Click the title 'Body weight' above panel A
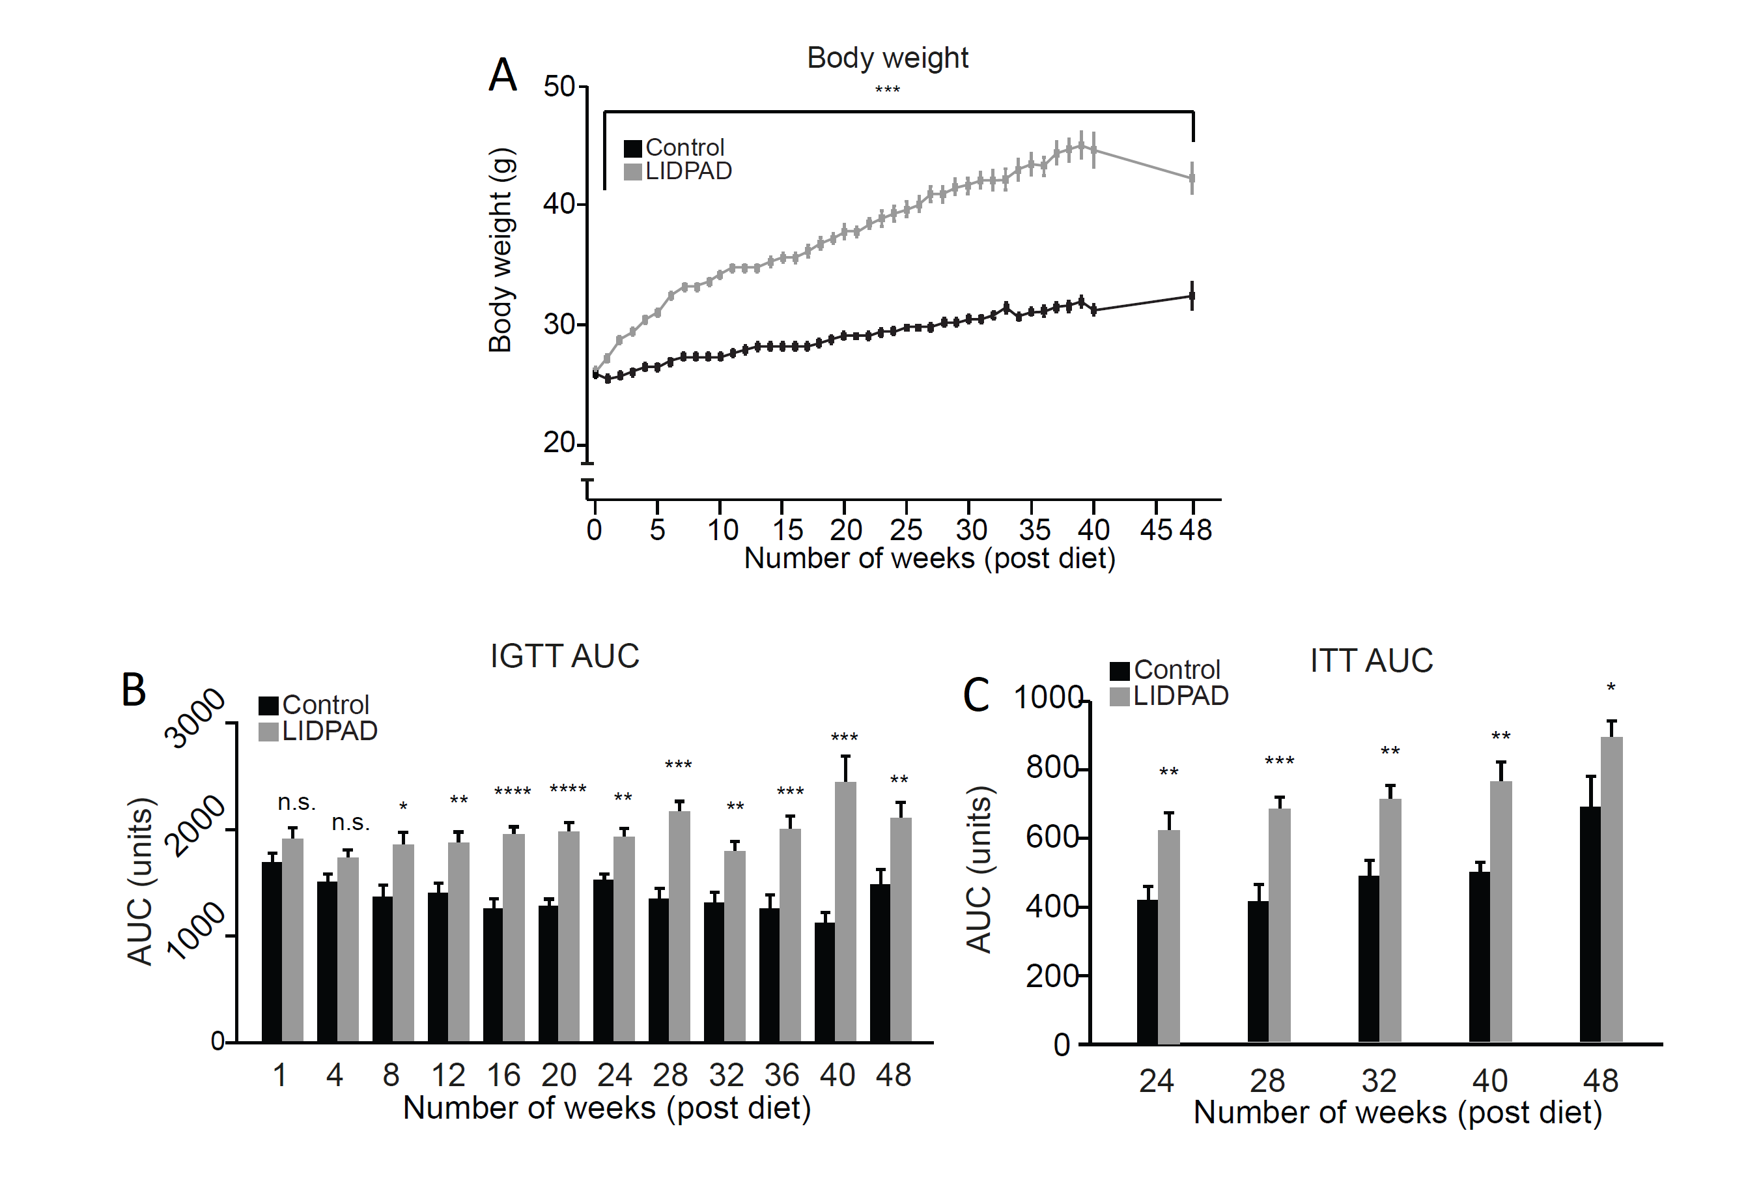pyautogui.click(x=887, y=58)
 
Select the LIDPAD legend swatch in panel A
pyautogui.click(x=632, y=172)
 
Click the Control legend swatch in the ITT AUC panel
pyautogui.click(x=1119, y=670)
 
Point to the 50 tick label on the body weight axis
pyautogui.click(x=559, y=87)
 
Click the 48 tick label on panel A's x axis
pyautogui.click(x=1196, y=530)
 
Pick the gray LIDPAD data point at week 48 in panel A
pyautogui.click(x=1192, y=179)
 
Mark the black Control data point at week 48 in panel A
pyautogui.click(x=1192, y=296)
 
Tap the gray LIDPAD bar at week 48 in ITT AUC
pyautogui.click(x=1612, y=889)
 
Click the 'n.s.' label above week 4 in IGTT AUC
pyautogui.click(x=350, y=823)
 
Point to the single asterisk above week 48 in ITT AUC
pyautogui.click(x=1611, y=687)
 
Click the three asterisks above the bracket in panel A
pyautogui.click(x=887, y=91)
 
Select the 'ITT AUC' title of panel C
pyautogui.click(x=1372, y=661)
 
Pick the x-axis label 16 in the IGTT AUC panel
pyautogui.click(x=503, y=1076)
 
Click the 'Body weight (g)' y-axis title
pyautogui.click(x=500, y=250)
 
